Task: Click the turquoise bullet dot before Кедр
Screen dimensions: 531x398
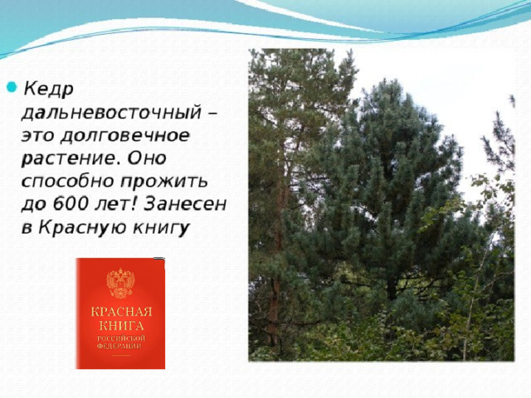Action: pyautogui.click(x=12, y=87)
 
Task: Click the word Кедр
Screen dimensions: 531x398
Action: pyautogui.click(x=48, y=90)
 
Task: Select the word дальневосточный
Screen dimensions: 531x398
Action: pyautogui.click(x=112, y=113)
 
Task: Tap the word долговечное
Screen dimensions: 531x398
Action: pyautogui.click(x=125, y=136)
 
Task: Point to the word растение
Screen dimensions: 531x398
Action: pyautogui.click(x=71, y=159)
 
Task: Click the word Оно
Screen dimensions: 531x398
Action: pyautogui.click(x=147, y=158)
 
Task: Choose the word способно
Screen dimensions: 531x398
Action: pyautogui.click(x=68, y=182)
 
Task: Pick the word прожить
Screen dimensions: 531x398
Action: pyautogui.click(x=164, y=182)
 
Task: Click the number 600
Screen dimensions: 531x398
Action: pyautogui.click(x=71, y=204)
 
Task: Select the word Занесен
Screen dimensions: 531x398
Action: pyautogui.click(x=184, y=204)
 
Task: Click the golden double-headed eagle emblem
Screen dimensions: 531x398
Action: pyautogui.click(x=120, y=283)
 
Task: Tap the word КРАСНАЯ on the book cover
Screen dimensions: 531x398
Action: pyautogui.click(x=121, y=312)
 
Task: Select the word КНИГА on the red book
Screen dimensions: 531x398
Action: pyautogui.click(x=121, y=326)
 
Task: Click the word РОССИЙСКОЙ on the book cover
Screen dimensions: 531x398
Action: pyautogui.click(x=121, y=338)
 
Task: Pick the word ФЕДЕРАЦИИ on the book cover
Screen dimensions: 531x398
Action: pyautogui.click(x=119, y=347)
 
